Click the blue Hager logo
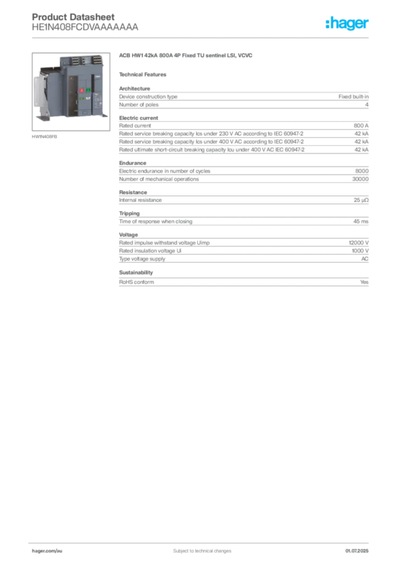[348, 24]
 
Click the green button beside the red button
[88, 89]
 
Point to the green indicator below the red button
[82, 99]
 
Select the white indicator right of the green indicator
[88, 99]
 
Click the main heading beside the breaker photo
[186, 56]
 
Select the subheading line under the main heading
[145, 74]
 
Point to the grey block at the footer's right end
[360, 547]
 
